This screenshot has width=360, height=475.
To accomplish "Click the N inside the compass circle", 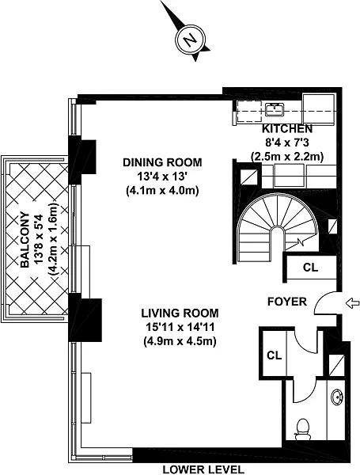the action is click(191, 40).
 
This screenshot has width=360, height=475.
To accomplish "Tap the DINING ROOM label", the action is click(162, 162).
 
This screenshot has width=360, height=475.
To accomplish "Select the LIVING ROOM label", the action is click(180, 313).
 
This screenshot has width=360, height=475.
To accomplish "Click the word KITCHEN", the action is click(287, 129).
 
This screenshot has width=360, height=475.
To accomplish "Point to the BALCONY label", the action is click(25, 240).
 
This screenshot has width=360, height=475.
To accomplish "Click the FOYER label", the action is click(287, 302).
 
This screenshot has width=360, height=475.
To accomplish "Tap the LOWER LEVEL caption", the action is click(203, 469).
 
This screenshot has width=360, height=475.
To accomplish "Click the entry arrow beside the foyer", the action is click(352, 303).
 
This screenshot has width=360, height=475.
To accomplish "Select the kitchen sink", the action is click(275, 109).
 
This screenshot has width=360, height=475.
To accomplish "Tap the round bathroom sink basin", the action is click(337, 396).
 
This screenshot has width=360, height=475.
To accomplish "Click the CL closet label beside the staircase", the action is click(310, 268).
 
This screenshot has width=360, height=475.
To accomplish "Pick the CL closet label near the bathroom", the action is click(274, 355).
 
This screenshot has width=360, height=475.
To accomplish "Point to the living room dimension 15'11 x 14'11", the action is click(180, 327).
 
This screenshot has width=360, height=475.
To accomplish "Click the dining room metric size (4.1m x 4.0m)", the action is click(162, 191).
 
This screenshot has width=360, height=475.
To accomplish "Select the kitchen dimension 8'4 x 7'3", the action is click(287, 142).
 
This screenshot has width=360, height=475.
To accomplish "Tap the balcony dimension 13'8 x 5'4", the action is click(40, 240).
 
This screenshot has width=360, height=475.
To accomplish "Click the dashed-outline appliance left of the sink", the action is click(249, 111).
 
